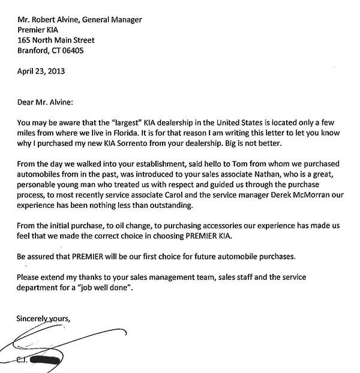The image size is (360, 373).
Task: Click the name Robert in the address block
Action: click(47, 20)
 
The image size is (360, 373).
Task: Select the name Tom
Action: click(233, 163)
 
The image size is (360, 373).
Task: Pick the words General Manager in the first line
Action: click(110, 20)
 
